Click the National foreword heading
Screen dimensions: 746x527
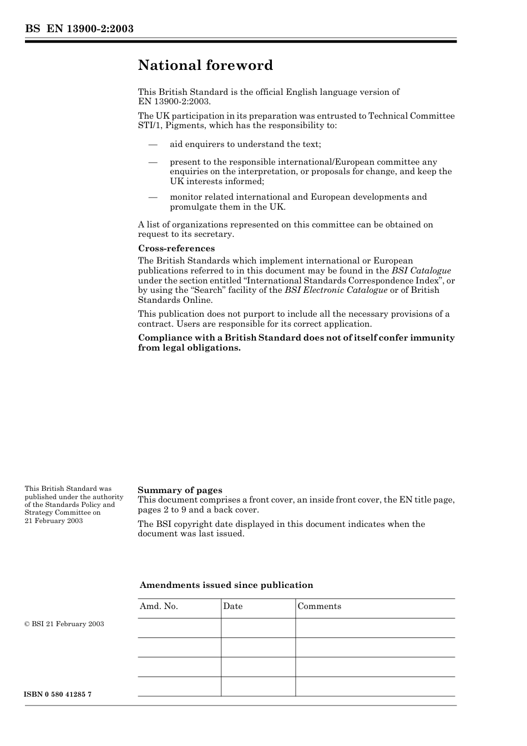[205, 65]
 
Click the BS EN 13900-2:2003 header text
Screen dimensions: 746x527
[79, 29]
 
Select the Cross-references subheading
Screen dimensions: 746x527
[176, 248]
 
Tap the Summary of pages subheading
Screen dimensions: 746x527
[180, 490]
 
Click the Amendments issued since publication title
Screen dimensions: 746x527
[226, 585]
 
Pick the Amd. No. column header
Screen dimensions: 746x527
[159, 606]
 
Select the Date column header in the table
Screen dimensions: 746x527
[233, 606]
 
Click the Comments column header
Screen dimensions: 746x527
[319, 606]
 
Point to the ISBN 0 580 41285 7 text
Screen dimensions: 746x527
[58, 694]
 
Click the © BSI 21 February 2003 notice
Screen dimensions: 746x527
[64, 624]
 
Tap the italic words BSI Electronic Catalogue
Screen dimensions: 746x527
[336, 290]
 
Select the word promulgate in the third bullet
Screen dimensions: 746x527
[192, 207]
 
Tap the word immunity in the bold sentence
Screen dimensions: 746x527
[432, 338]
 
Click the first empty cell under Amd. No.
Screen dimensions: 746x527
[179, 628]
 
